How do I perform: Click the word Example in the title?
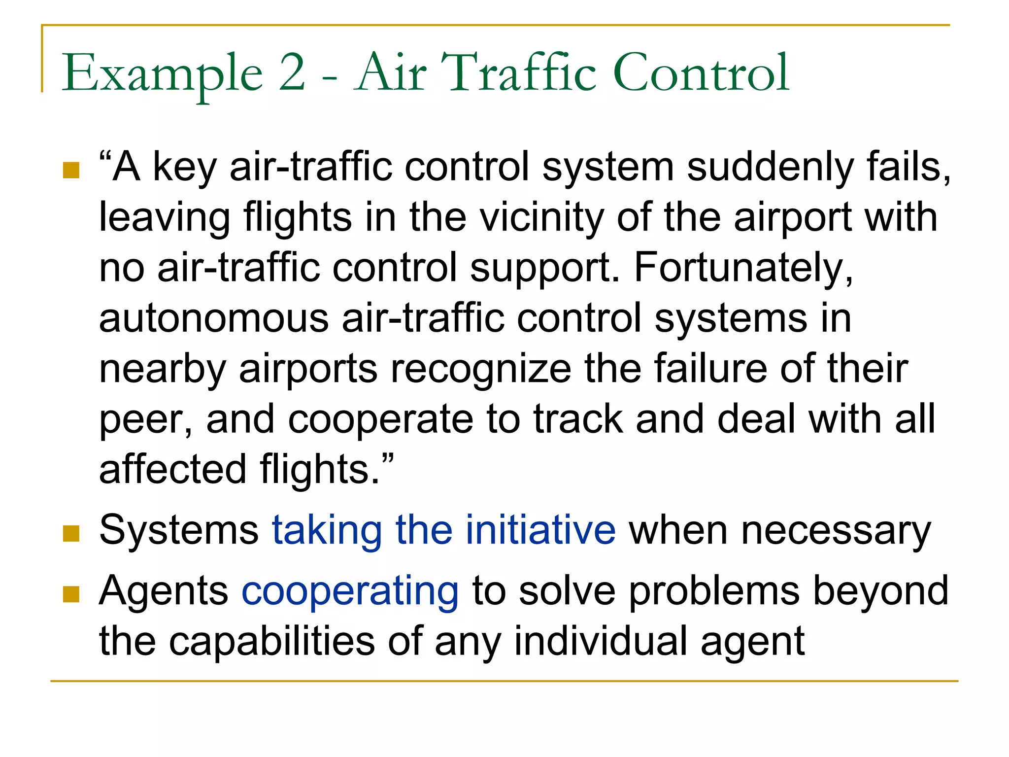[x=162, y=74]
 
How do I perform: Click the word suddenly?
[x=770, y=168]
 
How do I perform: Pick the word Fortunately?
[x=743, y=268]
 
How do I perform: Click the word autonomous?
[x=214, y=318]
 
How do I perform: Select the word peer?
[x=146, y=420]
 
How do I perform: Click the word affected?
[x=172, y=469]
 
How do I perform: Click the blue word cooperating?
[x=350, y=591]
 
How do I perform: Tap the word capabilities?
[x=271, y=641]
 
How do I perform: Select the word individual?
[x=601, y=641]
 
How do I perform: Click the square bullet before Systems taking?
[x=71, y=533]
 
